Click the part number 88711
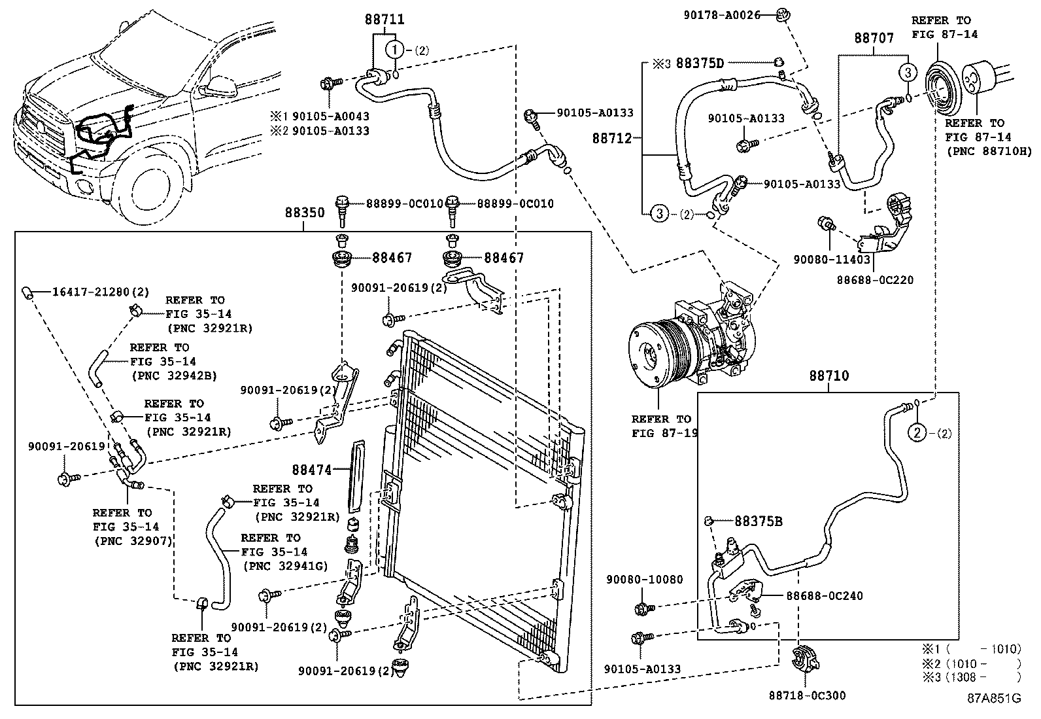[x=384, y=20]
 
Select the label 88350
[x=305, y=213]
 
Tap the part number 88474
[x=312, y=470]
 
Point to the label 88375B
[x=759, y=521]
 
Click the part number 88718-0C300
[x=808, y=695]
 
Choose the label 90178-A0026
[x=722, y=15]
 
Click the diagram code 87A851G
[x=994, y=698]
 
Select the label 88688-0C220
[x=875, y=280]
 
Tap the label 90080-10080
[x=644, y=580]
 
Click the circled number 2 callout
[x=917, y=434]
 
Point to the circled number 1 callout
[x=395, y=50]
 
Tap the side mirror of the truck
[x=221, y=86]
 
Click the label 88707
[x=874, y=38]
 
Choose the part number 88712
[x=612, y=138]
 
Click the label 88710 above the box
[x=829, y=376]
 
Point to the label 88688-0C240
[x=824, y=596]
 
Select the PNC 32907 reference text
[x=133, y=541]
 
